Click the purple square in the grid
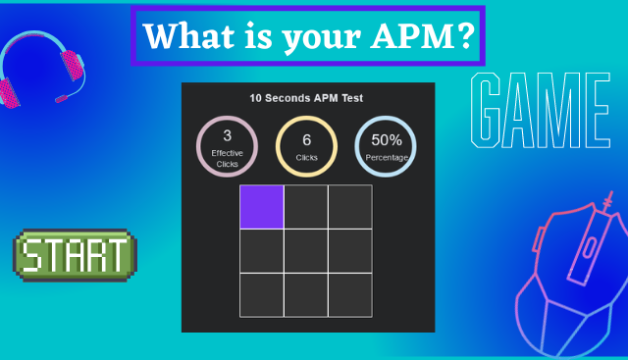[262, 206]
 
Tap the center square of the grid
[306, 251]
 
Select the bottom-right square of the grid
[350, 295]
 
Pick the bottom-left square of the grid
[262, 295]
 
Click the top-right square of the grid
[350, 206]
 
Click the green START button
[76, 255]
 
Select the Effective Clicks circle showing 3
[228, 147]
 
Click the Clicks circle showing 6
[306, 147]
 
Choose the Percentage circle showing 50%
[386, 147]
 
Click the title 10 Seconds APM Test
[307, 98]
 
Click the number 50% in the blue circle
[386, 140]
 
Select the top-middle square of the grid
[306, 206]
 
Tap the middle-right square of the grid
[350, 251]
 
